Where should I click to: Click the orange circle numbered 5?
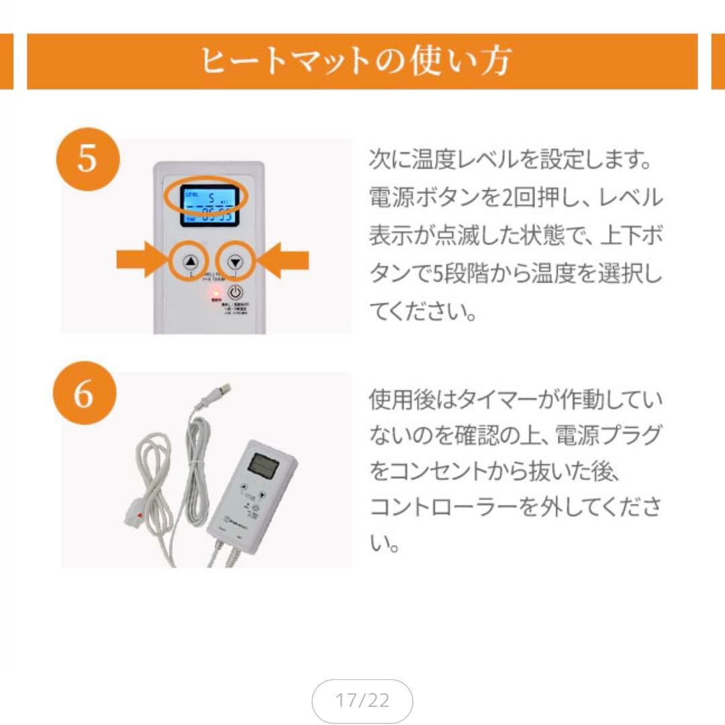pyautogui.click(x=87, y=161)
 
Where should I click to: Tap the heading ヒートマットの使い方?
pyautogui.click(x=356, y=61)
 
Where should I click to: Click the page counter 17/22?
pyautogui.click(x=362, y=702)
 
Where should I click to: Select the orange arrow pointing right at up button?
pyautogui.click(x=140, y=261)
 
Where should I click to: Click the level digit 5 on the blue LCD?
pyautogui.click(x=209, y=198)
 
